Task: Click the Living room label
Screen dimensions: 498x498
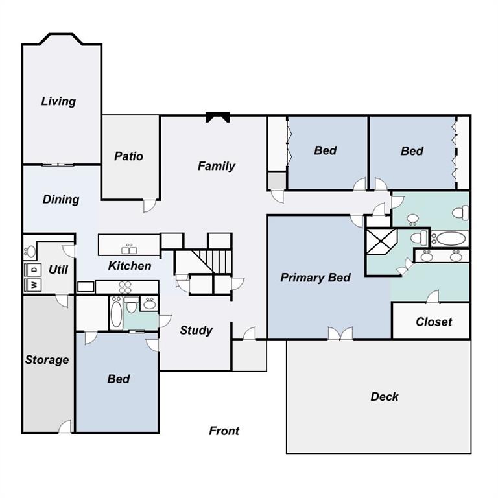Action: (58, 101)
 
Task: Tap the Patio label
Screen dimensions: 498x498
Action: (128, 156)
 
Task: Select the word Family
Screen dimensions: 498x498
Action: (216, 166)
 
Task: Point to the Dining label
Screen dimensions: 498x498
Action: (61, 199)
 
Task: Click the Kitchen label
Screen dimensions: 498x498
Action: (130, 266)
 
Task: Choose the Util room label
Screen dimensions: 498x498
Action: (58, 268)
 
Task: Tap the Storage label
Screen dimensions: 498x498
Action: (47, 360)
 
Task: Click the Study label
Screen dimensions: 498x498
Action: (196, 330)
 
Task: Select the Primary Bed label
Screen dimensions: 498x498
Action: (315, 278)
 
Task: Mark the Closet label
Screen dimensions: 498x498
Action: (434, 322)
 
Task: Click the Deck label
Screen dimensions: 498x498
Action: (385, 396)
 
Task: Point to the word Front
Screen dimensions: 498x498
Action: (224, 431)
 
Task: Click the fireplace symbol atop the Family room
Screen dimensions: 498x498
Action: (217, 117)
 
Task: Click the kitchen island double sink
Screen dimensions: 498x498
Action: (128, 249)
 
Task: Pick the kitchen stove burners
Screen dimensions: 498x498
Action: (125, 287)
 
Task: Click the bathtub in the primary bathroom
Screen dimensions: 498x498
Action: (450, 238)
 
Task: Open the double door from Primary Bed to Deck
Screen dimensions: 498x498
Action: (340, 334)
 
